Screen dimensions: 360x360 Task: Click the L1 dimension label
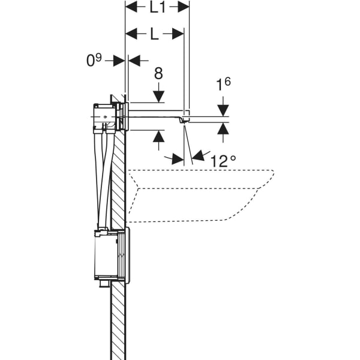coord(157,8)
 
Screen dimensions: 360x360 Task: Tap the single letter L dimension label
coord(154,34)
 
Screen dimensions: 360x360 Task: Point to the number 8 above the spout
coord(158,74)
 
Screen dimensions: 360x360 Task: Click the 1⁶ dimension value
coord(223,84)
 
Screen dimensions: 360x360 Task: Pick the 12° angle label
coord(223,160)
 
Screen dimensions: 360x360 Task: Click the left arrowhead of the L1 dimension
coord(130,8)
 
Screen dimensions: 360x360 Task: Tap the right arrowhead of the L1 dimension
coord(184,8)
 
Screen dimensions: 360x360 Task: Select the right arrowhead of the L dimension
coord(178,34)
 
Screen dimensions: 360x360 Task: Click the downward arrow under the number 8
coord(158,96)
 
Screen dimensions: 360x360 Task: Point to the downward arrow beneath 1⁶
coord(223,110)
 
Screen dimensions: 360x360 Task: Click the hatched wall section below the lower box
coord(118,324)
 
